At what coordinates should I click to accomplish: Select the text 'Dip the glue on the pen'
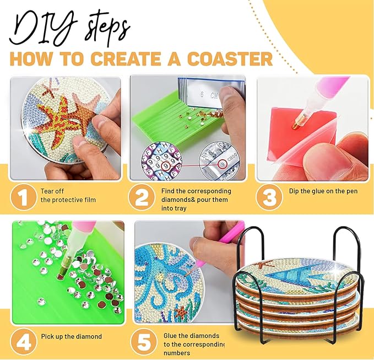pyautogui.click(x=319, y=191)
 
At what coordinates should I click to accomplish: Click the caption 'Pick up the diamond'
pyautogui.click(x=71, y=336)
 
